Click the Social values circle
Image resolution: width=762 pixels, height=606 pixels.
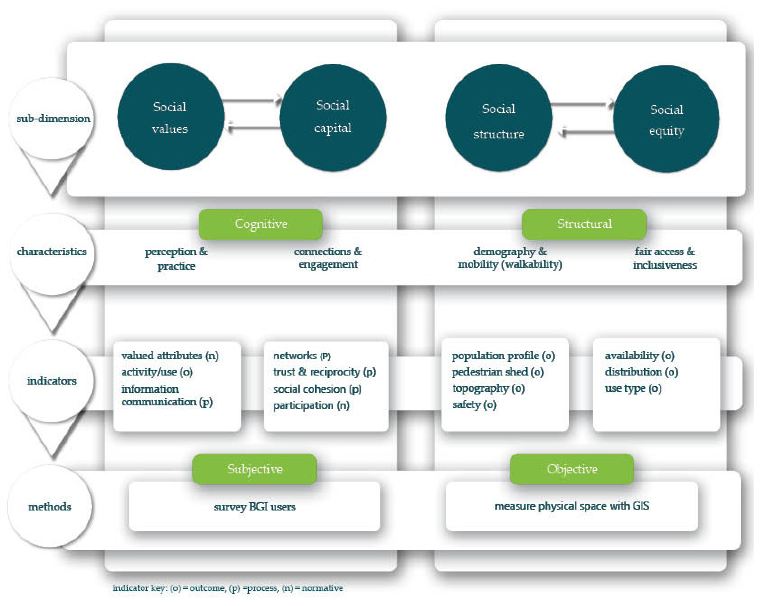[171, 117]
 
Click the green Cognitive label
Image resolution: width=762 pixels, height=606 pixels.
[261, 224]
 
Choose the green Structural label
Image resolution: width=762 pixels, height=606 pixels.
[584, 224]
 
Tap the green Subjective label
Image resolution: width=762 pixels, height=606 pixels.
[254, 469]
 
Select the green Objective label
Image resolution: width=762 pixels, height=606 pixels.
[572, 469]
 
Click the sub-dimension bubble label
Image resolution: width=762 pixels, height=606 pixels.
[53, 119]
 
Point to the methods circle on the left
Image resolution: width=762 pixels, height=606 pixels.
[50, 507]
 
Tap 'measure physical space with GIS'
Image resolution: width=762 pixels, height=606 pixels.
[571, 506]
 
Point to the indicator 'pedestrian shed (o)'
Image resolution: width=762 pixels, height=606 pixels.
[497, 372]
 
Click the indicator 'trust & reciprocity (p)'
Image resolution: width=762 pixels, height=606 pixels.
[324, 372]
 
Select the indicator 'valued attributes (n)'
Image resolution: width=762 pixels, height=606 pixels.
[170, 355]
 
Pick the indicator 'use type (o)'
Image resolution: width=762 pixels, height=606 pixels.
[633, 389]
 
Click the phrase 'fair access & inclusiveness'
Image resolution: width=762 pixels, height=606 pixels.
[664, 258]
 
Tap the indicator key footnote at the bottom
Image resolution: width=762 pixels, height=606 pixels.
[228, 588]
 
